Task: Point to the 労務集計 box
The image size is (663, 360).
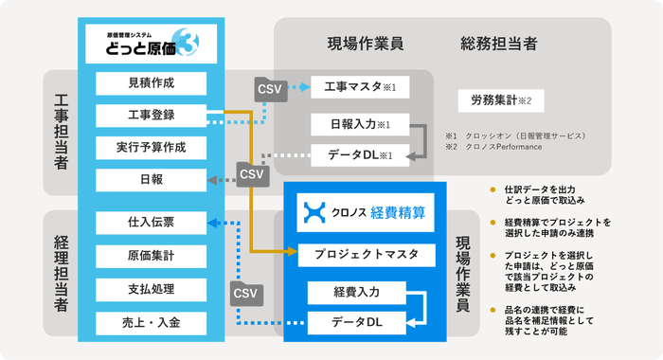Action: pyautogui.click(x=501, y=99)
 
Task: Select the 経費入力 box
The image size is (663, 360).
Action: pyautogui.click(x=356, y=290)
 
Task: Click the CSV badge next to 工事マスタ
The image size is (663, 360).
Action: pyautogui.click(x=269, y=89)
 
